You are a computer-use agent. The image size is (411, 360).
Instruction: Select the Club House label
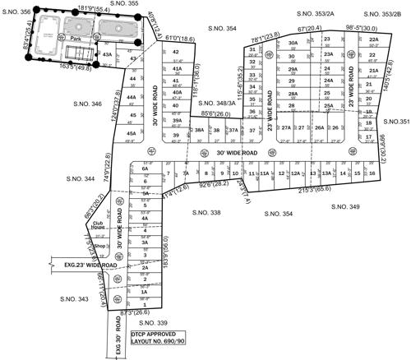99,225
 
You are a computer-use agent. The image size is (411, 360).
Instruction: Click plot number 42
176,52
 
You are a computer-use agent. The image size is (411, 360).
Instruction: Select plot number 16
373,173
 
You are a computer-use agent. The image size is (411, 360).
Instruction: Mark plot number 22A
373,39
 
